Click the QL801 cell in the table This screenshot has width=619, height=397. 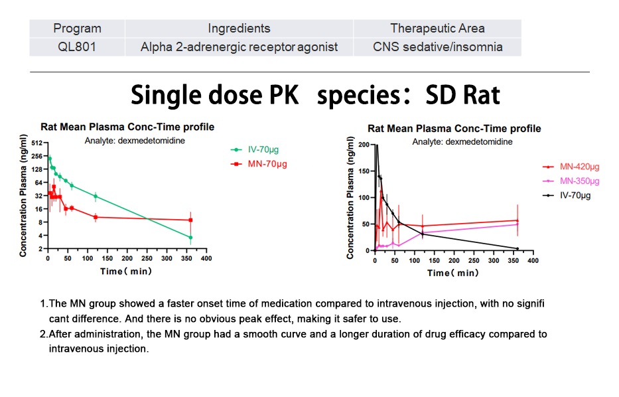pos(77,46)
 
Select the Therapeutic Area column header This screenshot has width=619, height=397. pos(437,28)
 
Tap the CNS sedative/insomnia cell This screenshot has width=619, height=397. pos(437,46)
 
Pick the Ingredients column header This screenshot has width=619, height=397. pos(239,28)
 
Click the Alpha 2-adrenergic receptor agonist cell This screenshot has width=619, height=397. pos(239,46)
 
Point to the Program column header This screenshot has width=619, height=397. pos(77,28)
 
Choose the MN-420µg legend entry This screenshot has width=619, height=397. pos(579,167)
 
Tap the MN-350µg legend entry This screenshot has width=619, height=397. pos(579,181)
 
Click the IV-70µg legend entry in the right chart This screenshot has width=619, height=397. pos(575,195)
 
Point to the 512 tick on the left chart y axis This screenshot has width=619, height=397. pos(36,143)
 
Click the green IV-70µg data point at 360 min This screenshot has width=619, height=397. pos(190,237)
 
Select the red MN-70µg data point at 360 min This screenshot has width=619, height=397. pos(190,220)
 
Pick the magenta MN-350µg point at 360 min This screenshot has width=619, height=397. pos(517,224)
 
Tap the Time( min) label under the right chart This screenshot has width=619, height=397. pos(452,273)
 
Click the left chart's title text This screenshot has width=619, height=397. pos(127,127)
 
